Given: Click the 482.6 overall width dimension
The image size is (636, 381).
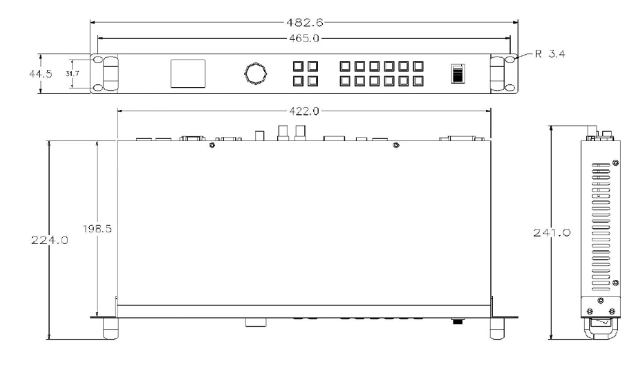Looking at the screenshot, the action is (305, 22).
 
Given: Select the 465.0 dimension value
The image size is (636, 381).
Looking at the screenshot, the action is (304, 39).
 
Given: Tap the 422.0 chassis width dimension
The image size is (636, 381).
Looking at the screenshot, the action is (304, 111).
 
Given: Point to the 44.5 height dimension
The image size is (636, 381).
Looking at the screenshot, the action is (41, 74).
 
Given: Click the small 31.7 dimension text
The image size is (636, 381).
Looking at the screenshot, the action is (72, 74).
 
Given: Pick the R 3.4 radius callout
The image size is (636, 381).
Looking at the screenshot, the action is (550, 53).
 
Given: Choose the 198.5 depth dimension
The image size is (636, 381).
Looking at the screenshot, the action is (97, 229).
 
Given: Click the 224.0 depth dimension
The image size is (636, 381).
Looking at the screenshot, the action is (50, 240).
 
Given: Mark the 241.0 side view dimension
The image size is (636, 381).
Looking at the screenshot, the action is (552, 232).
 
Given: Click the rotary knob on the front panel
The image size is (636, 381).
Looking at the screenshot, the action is (256, 74).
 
